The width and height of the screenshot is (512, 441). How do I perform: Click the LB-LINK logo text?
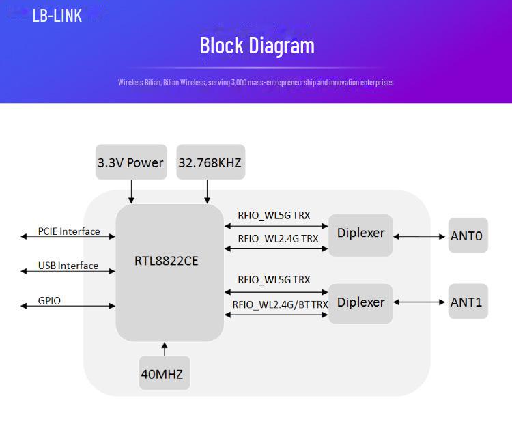point(57,15)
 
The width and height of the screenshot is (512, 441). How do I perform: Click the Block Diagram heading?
point(257,46)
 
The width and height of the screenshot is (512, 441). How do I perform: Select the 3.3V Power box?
point(131,162)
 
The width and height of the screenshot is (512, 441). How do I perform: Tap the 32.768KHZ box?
point(210,162)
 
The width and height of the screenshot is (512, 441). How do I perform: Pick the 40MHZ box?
point(164,374)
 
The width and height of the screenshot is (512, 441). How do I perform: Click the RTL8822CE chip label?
point(167,260)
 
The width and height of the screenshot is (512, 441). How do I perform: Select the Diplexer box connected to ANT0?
point(360,234)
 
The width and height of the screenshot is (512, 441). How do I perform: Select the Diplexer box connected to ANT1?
point(360,302)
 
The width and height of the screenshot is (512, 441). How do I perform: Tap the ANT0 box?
point(468,236)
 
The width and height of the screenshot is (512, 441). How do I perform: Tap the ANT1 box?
point(468,302)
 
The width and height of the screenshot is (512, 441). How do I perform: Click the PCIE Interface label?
point(69,231)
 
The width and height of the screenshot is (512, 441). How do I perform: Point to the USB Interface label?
point(68,266)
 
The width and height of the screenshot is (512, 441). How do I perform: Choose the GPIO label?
point(49,300)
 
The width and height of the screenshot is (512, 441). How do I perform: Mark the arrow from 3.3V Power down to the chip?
point(132,191)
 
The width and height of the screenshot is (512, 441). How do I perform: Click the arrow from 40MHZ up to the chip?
point(164,349)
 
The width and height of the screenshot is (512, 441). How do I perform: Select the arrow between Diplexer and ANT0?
point(420,237)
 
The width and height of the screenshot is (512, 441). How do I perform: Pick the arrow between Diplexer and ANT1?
point(420,302)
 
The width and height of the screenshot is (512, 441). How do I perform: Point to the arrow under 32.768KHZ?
point(208,191)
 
